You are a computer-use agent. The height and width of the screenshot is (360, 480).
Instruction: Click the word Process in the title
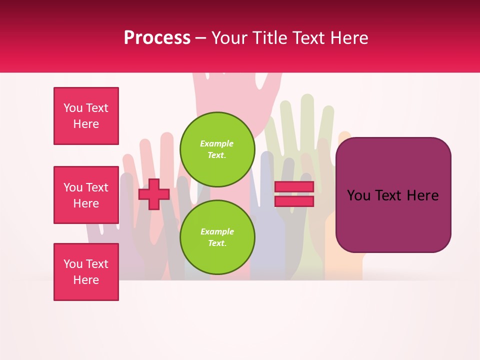[x=157, y=38]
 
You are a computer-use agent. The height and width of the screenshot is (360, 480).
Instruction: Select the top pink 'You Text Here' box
[x=86, y=116]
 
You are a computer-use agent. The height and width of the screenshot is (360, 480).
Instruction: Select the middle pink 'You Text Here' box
[x=86, y=195]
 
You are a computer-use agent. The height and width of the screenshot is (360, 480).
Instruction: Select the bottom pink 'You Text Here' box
[x=86, y=272]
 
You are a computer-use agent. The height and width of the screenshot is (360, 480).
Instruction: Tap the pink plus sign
[x=154, y=194]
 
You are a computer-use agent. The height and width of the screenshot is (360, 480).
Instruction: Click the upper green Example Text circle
[x=217, y=149]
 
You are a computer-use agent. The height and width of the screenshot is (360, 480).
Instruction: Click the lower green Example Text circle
[x=217, y=237]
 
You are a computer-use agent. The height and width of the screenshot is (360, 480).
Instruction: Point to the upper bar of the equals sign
[x=294, y=186]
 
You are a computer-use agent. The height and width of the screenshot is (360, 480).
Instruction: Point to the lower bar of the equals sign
[x=294, y=201]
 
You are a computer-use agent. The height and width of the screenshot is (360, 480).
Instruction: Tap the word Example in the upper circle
[x=217, y=143]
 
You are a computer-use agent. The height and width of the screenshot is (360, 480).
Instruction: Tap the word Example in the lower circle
[x=217, y=231]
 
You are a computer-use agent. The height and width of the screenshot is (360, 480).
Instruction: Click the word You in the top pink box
[x=73, y=108]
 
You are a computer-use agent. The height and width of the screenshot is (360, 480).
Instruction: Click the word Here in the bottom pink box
[x=86, y=280]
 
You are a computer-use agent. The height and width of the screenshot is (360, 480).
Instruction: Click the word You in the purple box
[x=358, y=195]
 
